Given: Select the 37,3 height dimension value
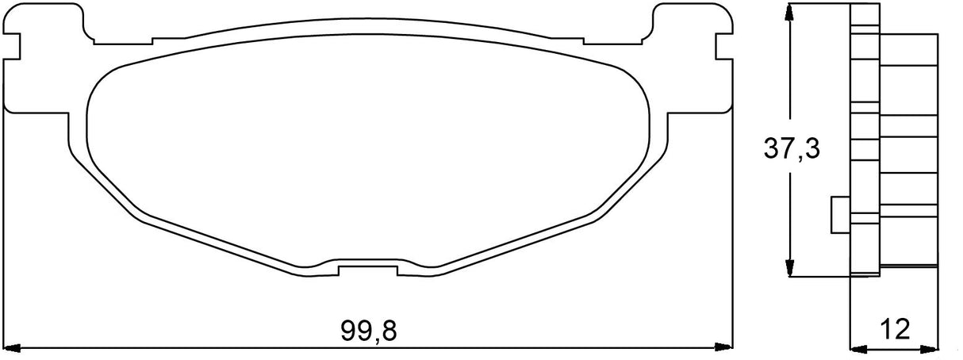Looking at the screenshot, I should tap(791, 147).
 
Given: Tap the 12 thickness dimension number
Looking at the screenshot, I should tap(895, 327).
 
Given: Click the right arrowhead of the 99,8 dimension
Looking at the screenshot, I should tap(723, 347).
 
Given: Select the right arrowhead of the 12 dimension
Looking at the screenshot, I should tap(930, 347).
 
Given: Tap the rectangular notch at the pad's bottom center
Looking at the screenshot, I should tap(367, 269).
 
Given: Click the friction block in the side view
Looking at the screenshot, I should tap(908, 151).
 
